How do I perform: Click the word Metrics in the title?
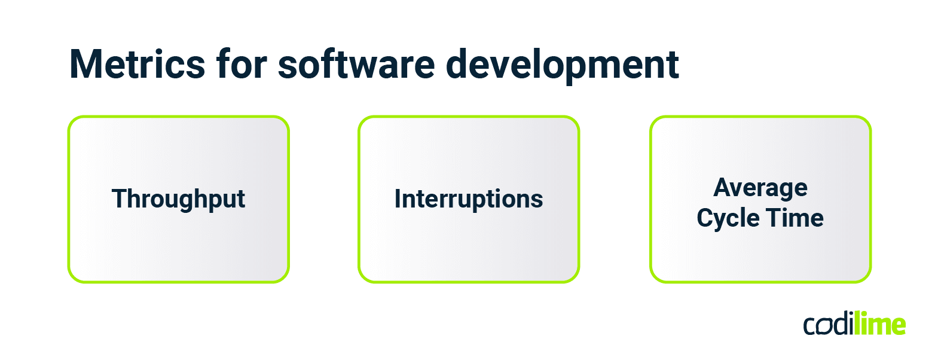point(137,65)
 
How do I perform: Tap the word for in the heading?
point(242,65)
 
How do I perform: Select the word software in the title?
point(356,65)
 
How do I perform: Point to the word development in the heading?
point(563,65)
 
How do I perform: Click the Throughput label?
point(178,199)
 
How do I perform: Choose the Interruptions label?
point(469,199)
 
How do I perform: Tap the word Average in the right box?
point(760,188)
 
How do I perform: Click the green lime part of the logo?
point(879,325)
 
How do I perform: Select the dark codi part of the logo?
point(829,325)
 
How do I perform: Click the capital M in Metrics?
point(85,65)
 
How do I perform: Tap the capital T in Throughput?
point(119,199)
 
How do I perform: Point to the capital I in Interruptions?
point(398,199)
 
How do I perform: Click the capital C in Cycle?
point(705,218)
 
